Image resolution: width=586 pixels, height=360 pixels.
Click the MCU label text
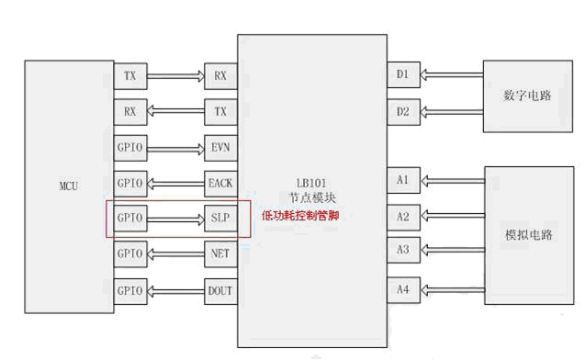[x=69, y=186]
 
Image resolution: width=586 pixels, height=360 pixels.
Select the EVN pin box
[x=220, y=148]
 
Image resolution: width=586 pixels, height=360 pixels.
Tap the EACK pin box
[x=220, y=184]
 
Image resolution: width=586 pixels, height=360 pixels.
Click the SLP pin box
[x=220, y=218]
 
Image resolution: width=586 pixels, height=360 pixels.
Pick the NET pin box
[x=220, y=253]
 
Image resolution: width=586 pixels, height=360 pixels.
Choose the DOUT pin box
[x=220, y=291]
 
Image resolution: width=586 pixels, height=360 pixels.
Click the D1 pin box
[x=403, y=74]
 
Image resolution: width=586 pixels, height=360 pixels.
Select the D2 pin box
[x=403, y=112]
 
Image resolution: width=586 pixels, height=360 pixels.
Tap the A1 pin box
[x=403, y=180]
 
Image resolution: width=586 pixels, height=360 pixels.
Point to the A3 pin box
[x=403, y=250]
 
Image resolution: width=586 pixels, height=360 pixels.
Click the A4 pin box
[x=403, y=289]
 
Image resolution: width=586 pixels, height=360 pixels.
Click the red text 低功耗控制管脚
[x=300, y=215]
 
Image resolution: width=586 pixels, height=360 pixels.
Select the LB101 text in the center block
[x=311, y=183]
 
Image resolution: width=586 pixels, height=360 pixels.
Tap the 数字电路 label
[x=527, y=96]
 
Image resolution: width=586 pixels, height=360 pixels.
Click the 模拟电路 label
[x=529, y=235]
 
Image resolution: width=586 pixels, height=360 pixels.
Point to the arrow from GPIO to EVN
[x=176, y=149]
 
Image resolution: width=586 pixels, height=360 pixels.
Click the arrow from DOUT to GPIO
[x=176, y=291]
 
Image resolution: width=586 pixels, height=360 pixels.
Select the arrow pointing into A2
[x=453, y=216]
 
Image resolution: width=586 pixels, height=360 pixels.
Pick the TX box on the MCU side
[x=130, y=76]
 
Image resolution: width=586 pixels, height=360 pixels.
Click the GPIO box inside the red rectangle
[x=130, y=218]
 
